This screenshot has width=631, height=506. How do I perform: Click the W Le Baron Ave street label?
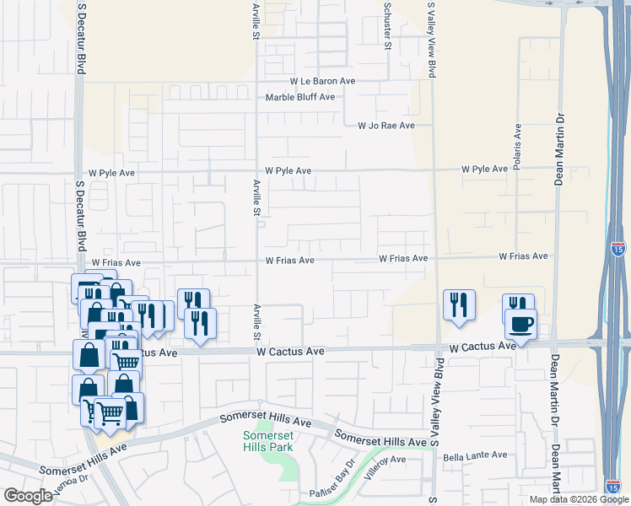[322, 82]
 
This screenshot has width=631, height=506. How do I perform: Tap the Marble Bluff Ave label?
[300, 97]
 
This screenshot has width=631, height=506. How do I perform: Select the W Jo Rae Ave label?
[386, 126]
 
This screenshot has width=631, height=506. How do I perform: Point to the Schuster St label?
[388, 26]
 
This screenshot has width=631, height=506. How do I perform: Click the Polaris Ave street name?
[518, 145]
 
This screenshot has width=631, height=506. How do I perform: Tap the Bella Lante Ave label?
[475, 455]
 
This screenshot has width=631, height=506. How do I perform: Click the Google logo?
[29, 496]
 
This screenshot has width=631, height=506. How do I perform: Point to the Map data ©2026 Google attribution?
[580, 499]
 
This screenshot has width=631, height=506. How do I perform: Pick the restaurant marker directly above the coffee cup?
[517, 304]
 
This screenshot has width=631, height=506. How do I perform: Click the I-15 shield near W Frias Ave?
[618, 249]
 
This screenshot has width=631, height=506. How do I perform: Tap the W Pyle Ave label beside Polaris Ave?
[484, 170]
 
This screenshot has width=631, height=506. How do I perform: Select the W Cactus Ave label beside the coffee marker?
[482, 347]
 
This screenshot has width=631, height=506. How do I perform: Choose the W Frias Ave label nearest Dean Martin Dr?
[523, 256]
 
